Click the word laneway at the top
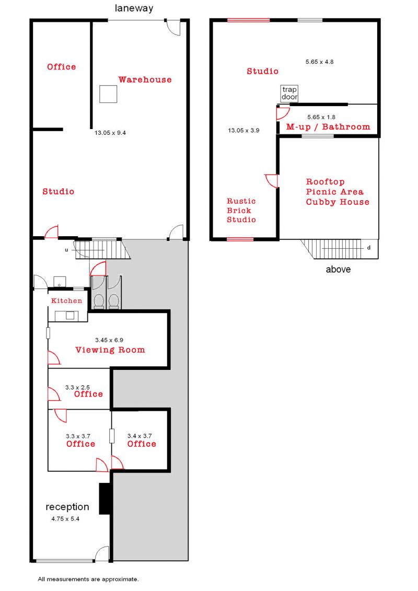pos(134,9)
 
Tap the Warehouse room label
pos(145,79)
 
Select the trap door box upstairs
pos(289,93)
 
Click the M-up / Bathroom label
pos(328,126)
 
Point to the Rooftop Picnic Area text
pos(335,187)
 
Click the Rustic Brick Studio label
pos(241,210)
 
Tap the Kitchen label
pos(66,301)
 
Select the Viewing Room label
pos(110,350)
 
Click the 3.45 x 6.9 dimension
pos(109,340)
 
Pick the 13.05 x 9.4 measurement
pos(110,133)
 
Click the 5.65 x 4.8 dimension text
pos(319,62)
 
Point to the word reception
pos(67,507)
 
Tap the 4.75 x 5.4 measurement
pos(65,519)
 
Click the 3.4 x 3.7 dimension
pos(140,436)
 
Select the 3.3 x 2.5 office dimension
pos(77,387)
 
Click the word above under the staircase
pos(338,269)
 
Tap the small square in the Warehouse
pos(108,94)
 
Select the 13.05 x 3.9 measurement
pos(243,131)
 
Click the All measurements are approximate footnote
pos(88,579)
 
